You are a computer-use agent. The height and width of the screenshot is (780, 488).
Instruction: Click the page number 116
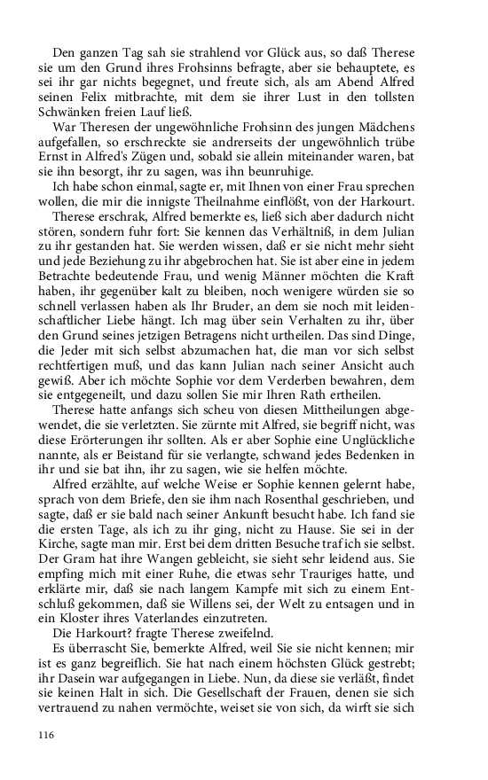tap(48, 734)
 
